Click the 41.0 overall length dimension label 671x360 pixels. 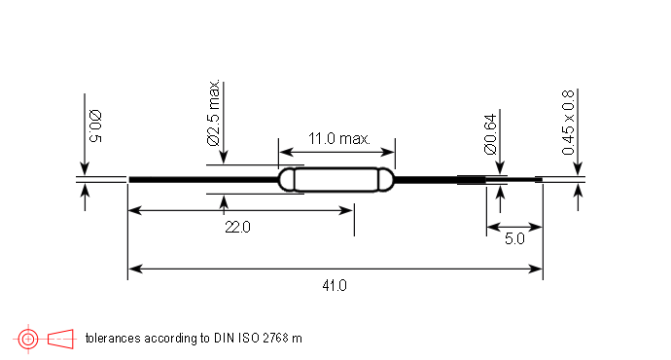pos(335,285)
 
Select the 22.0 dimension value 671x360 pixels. pos(237,227)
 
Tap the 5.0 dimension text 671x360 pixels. pos(514,238)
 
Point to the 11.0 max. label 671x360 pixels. pos(339,139)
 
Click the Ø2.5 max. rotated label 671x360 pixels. pos(214,113)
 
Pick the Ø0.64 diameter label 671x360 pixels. pos(490,133)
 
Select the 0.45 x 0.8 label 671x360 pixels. pos(568,122)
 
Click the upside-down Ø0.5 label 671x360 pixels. pos(95,126)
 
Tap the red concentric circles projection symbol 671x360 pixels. pos(28,339)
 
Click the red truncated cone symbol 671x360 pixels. pos(60,339)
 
